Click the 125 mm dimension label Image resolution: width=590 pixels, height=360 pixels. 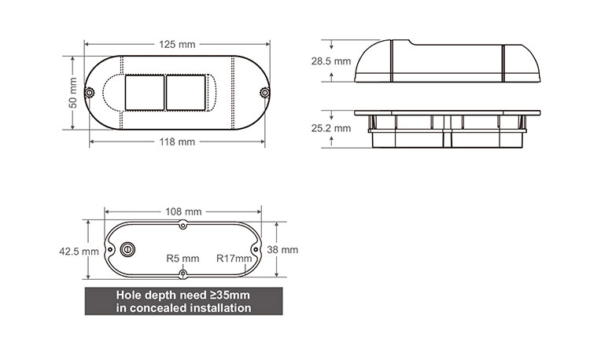pos(179,44)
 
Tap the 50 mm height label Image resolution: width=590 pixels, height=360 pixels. pos(72,93)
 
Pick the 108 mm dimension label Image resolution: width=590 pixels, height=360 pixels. pos(183,212)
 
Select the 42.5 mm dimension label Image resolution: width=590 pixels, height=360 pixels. pos(79,252)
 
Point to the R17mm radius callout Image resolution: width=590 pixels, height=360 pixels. pos(234,258)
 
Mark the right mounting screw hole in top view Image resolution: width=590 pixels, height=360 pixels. pos(265,93)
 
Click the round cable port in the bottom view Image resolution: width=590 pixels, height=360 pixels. pos(127,249)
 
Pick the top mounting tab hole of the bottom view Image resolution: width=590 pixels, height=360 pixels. pos(183,226)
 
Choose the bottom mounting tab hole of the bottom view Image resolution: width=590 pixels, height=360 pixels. pos(183,274)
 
